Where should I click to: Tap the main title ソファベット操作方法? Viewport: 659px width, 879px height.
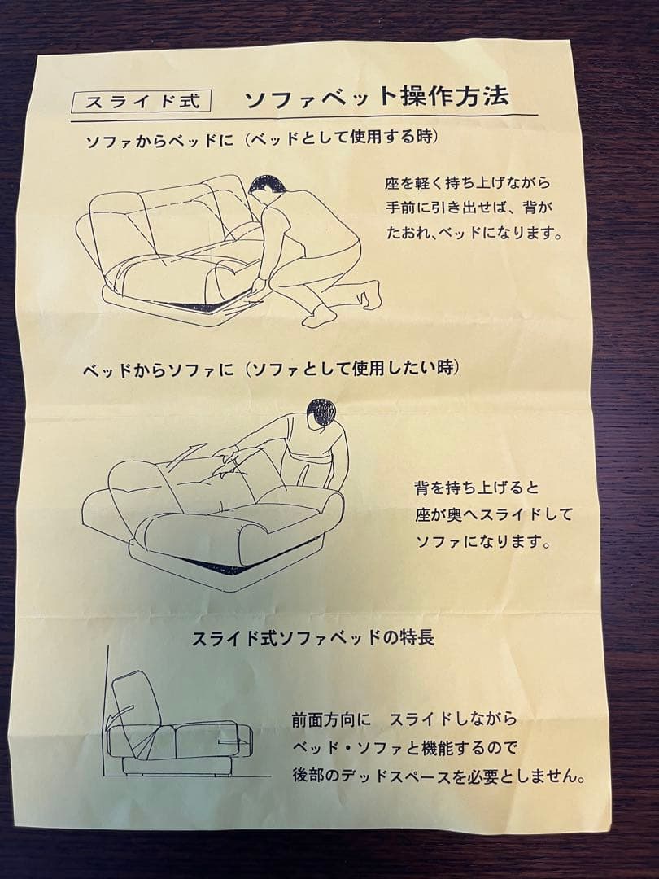pos(377,98)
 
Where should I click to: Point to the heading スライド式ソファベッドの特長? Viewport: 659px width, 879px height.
pos(312,637)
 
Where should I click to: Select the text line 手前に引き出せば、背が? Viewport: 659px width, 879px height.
pos(469,208)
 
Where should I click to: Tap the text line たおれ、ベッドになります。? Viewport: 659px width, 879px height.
pos(474,233)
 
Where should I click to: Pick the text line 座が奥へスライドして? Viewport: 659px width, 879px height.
pos(494,514)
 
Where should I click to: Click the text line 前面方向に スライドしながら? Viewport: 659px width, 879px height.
pos(404,719)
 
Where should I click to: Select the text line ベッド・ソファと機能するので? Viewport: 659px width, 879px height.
pos(404,747)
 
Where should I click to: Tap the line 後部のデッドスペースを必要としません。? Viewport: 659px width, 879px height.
pos(439,776)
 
